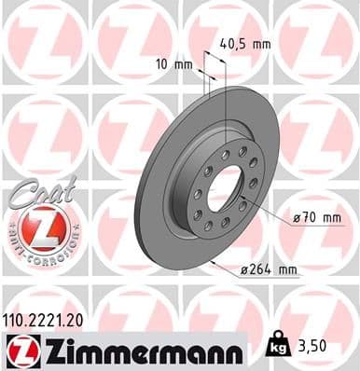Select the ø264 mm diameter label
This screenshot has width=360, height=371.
click(x=268, y=270)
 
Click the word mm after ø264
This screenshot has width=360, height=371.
click(x=286, y=270)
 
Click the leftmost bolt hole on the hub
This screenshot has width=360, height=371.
click(x=197, y=194)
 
